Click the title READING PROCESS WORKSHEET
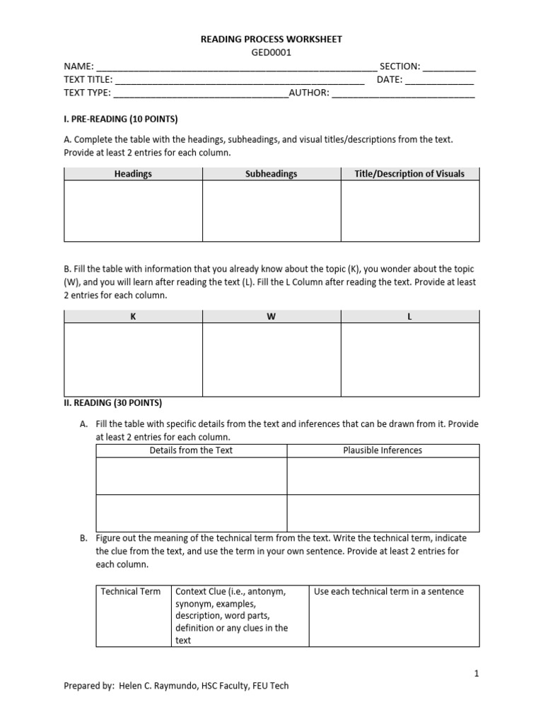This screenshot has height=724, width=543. (271, 40)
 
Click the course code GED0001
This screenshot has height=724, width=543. (271, 52)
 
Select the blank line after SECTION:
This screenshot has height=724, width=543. (450, 67)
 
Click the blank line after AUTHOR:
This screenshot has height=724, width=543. (403, 93)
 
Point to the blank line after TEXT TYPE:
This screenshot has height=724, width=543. (201, 93)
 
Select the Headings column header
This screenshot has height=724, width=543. (133, 174)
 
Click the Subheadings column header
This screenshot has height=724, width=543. (271, 174)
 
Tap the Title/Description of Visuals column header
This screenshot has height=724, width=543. (410, 174)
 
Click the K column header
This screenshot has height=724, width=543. (133, 317)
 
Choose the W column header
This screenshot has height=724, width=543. (271, 317)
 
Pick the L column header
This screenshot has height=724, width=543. (409, 317)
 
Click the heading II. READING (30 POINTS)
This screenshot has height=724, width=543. (113, 403)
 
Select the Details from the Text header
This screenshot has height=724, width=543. (191, 450)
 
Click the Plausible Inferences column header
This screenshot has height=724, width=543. (383, 450)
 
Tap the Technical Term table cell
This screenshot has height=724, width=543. (131, 591)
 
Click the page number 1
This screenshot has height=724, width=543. (477, 674)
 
